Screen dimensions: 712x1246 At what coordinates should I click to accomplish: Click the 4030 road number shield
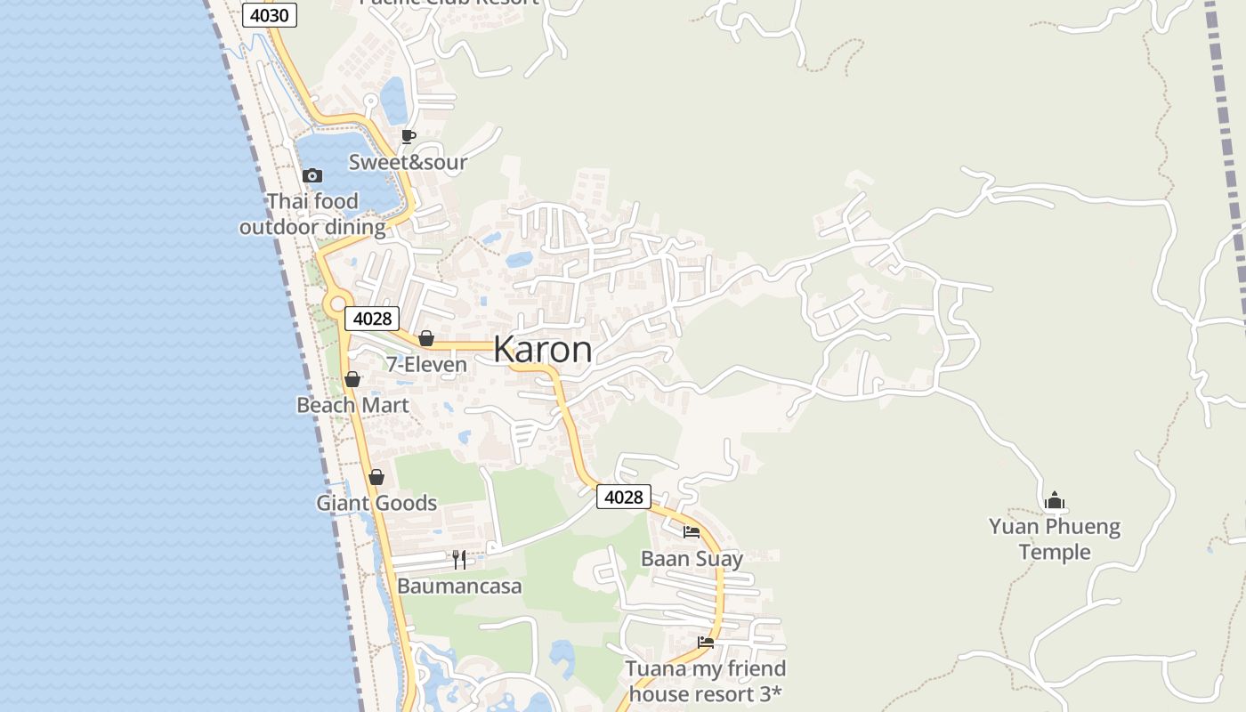click(x=269, y=15)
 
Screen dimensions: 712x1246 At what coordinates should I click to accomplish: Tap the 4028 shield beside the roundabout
click(x=372, y=319)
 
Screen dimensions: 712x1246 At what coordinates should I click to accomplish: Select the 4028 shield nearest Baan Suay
click(x=623, y=497)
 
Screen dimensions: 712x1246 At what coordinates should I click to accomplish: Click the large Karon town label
click(x=543, y=349)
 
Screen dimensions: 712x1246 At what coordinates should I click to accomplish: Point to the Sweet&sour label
click(x=408, y=162)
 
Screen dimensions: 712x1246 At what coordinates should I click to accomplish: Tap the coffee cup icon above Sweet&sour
click(x=409, y=136)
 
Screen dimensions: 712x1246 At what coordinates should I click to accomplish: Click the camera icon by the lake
click(x=311, y=175)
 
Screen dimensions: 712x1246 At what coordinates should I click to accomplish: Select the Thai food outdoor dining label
click(x=312, y=214)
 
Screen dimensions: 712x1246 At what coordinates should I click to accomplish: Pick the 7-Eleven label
click(x=426, y=365)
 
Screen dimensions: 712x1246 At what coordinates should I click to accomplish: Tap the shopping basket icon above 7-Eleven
click(x=426, y=338)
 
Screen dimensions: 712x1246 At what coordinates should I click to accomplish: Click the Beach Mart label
click(x=352, y=406)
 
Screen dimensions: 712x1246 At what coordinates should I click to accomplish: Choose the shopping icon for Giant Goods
click(x=376, y=477)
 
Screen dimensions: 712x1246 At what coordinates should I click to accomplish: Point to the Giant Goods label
click(x=376, y=504)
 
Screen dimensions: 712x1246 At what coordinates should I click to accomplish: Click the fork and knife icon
click(x=459, y=559)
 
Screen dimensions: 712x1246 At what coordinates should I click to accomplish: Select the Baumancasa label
click(x=459, y=587)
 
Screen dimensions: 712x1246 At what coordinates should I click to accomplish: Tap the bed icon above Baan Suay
click(x=692, y=532)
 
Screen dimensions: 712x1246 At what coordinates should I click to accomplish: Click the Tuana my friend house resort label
click(x=706, y=681)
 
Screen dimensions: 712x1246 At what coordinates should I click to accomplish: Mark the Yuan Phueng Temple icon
click(x=1055, y=500)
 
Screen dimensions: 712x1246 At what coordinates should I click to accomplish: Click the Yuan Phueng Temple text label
click(x=1055, y=539)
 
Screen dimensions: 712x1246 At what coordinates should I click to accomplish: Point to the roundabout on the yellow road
click(x=337, y=305)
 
